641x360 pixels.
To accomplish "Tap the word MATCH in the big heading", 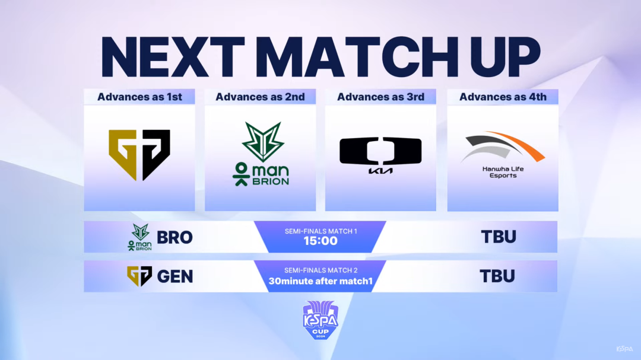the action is click(x=361, y=57).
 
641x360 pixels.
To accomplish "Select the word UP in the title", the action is click(x=506, y=57).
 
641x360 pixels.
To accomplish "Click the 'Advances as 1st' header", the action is click(x=139, y=97).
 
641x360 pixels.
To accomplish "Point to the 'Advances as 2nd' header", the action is click(x=260, y=97).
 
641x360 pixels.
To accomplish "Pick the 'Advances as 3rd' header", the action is click(x=380, y=97).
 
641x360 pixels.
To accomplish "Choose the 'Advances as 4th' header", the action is click(x=503, y=97).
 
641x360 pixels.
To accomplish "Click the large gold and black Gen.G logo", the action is click(x=139, y=154).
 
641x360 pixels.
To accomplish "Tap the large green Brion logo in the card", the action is click(x=261, y=154).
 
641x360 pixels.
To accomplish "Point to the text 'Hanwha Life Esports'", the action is click(x=503, y=172).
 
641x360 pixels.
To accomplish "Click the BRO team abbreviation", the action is click(x=174, y=237).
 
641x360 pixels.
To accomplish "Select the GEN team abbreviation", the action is click(x=175, y=276).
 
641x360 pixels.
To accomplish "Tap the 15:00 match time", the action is click(x=320, y=241).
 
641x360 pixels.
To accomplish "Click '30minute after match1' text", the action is click(x=320, y=281).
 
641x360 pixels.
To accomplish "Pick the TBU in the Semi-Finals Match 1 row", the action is click(x=499, y=237).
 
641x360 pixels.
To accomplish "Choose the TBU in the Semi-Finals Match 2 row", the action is click(x=497, y=276).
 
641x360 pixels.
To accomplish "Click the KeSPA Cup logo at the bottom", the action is click(x=320, y=320).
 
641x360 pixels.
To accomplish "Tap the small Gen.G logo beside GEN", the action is click(x=139, y=276).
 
